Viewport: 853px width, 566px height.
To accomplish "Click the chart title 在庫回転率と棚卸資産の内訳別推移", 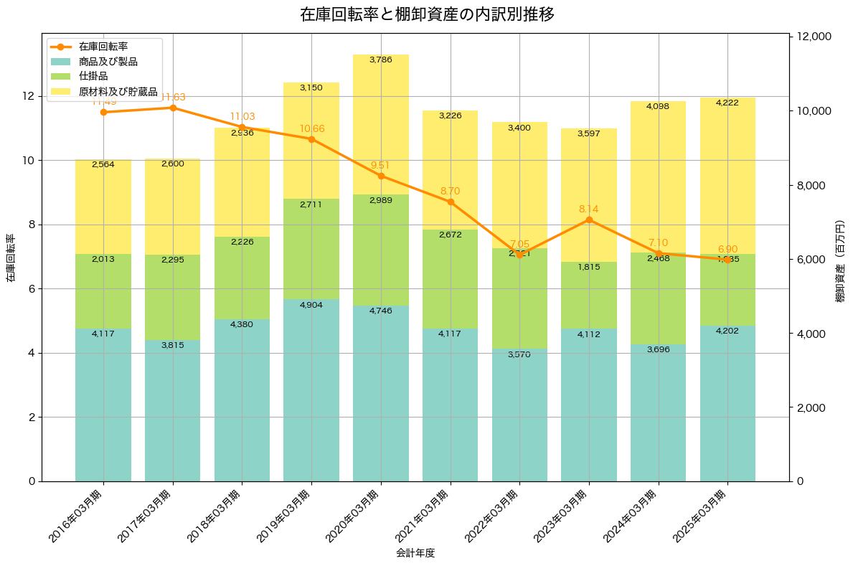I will point(426,14).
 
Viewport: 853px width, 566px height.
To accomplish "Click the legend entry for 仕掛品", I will point(93,76).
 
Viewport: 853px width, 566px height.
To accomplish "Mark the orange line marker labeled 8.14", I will point(589,220).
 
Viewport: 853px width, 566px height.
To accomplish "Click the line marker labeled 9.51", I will point(381,176).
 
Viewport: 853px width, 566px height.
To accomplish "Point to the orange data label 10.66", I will point(311,129).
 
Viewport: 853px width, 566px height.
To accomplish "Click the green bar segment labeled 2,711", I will point(311,249).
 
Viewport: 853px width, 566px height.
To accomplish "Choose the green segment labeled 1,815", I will point(589,295).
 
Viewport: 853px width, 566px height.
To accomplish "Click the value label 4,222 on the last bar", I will point(727,103).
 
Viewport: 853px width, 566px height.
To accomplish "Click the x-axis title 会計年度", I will point(415,553).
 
